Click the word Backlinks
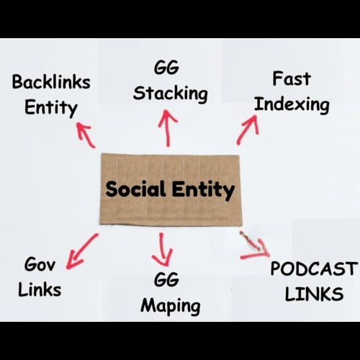tap(50, 82)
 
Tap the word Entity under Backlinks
tap(50, 108)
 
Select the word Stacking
tap(171, 93)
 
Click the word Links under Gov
tap(40, 289)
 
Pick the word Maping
tap(170, 305)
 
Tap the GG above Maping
tap(166, 279)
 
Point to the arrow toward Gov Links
tap(81, 251)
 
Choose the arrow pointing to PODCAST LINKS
tap(254, 246)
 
